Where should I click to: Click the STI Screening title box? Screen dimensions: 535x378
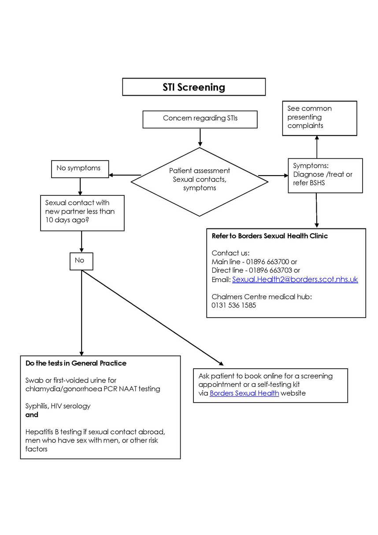(x=194, y=87)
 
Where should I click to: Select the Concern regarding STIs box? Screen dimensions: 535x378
(x=200, y=119)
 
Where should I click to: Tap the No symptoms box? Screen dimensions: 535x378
(x=80, y=168)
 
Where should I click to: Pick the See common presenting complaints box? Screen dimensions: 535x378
(x=319, y=118)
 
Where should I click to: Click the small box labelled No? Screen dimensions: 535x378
(x=82, y=261)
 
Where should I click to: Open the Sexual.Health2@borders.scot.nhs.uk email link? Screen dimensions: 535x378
(x=295, y=279)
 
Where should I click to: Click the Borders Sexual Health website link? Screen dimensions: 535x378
(x=244, y=393)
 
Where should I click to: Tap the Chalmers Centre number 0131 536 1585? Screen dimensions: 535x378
(x=233, y=305)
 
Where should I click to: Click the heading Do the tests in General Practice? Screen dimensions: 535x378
(x=76, y=363)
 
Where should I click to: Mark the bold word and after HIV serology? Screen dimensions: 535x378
(x=32, y=415)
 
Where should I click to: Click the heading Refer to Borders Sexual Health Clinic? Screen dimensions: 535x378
(x=270, y=236)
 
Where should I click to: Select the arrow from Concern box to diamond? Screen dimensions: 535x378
(x=200, y=137)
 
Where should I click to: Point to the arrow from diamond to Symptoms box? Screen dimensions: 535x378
(x=273, y=176)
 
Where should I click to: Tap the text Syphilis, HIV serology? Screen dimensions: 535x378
(x=58, y=406)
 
